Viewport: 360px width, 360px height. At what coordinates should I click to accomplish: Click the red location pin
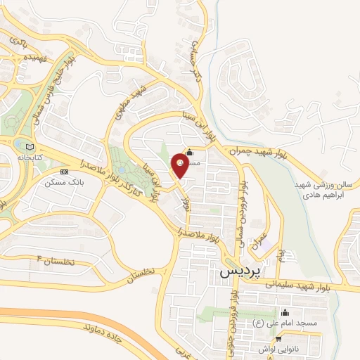(180, 167)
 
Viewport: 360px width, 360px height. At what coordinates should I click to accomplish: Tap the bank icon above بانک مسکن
(64, 171)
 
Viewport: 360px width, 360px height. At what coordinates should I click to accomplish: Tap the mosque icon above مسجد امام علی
(285, 312)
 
